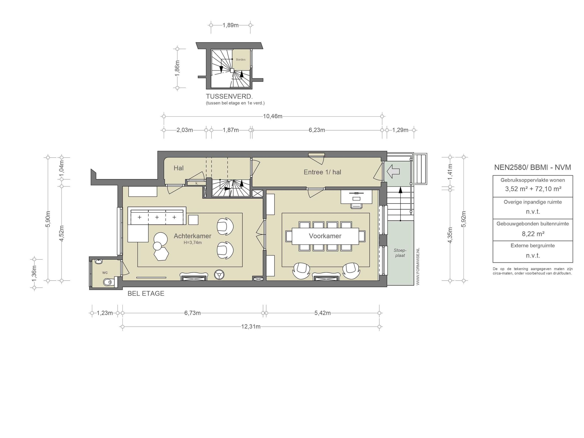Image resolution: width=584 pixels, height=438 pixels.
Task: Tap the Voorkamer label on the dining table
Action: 325,236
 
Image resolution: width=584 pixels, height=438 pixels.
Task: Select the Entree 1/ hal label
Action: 322,172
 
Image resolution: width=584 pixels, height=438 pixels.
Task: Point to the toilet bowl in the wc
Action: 108,282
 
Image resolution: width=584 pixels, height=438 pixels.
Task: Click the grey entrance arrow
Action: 393,172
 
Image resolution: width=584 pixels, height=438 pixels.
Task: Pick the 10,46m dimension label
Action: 273,116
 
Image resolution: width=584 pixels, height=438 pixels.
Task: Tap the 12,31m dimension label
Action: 251,327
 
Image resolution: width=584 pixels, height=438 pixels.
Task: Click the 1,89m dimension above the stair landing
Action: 230,25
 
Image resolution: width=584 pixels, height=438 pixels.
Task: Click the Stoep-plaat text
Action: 400,253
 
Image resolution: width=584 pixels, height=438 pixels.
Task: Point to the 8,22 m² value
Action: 533,234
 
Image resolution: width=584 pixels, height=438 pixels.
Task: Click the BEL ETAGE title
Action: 146,294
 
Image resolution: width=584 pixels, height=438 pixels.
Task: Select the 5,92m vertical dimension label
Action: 464,219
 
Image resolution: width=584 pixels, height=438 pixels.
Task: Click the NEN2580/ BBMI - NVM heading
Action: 532,167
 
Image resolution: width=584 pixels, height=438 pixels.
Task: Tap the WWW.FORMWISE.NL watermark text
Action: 418,267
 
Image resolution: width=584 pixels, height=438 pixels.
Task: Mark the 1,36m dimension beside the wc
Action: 34,273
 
